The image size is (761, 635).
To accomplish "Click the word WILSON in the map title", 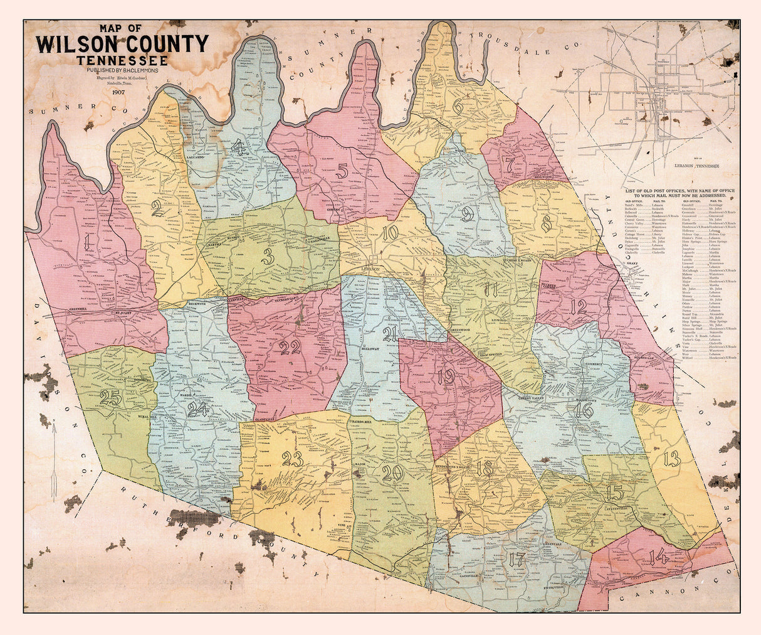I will pyautogui.click(x=84, y=44).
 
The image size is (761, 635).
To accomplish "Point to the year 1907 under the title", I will pyautogui.click(x=119, y=92).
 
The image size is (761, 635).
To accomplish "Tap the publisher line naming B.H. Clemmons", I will pyautogui.click(x=123, y=70).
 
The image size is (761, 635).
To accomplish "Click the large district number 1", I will pyautogui.click(x=90, y=243).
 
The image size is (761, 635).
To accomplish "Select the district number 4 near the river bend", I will pyautogui.click(x=238, y=148).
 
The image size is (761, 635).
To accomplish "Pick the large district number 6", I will pyautogui.click(x=458, y=107).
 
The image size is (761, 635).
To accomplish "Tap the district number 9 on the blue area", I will pyautogui.click(x=467, y=215).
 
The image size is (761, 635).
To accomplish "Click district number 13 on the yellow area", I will pyautogui.click(x=672, y=459).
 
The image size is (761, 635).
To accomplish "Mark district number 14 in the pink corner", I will pyautogui.click(x=658, y=556).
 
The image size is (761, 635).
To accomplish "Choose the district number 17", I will pyautogui.click(x=517, y=560).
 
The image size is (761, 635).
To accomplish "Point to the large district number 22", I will pyautogui.click(x=290, y=346).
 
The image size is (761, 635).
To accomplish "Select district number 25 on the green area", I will pyautogui.click(x=111, y=398).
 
